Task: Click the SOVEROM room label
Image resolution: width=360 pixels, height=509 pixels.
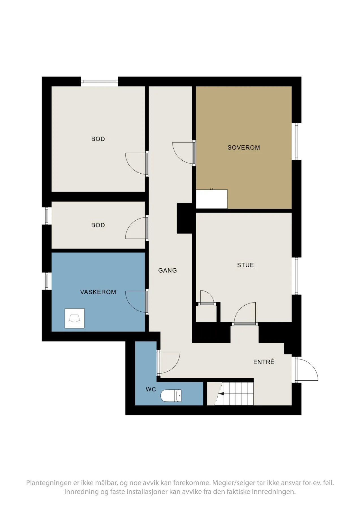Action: (243, 147)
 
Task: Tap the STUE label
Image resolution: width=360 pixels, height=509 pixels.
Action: (245, 265)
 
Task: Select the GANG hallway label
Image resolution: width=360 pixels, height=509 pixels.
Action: (167, 270)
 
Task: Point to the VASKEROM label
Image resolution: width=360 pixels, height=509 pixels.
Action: (98, 292)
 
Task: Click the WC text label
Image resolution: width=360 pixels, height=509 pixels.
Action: (151, 389)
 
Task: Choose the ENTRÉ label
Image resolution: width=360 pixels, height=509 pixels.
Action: (264, 362)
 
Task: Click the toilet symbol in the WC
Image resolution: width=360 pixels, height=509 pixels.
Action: (171, 396)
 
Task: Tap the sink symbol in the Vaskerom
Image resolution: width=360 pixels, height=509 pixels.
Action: (74, 318)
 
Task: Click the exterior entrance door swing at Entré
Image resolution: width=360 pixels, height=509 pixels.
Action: (307, 370)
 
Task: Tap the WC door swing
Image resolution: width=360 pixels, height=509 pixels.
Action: (169, 363)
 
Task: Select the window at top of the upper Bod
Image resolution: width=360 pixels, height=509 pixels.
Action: (99, 81)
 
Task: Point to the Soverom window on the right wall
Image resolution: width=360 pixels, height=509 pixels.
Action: (296, 141)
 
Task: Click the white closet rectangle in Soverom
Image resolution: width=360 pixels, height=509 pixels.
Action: (212, 199)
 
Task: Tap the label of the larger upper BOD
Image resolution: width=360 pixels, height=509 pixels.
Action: (98, 139)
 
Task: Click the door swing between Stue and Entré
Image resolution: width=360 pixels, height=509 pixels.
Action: (245, 313)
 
